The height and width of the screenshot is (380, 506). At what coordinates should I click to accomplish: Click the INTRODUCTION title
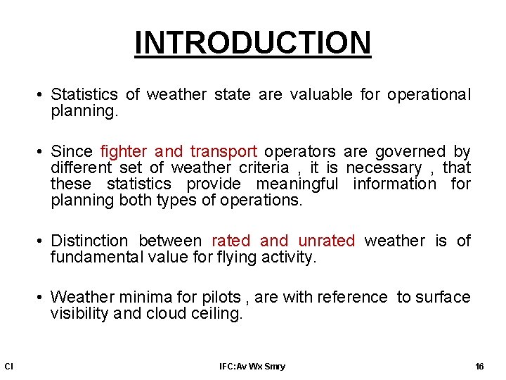pos(253,42)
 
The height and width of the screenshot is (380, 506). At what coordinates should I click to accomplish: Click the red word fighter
pos(124,152)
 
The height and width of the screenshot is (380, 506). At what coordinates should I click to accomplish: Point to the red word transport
pos(223,152)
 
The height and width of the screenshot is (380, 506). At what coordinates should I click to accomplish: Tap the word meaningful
pos(297,184)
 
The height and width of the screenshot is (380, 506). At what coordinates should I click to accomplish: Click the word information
pos(394,184)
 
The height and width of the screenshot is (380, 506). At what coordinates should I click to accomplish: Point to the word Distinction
pos(89,241)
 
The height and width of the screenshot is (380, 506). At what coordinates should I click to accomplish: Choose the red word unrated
pos(327,241)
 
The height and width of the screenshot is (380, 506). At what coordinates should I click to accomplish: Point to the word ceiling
pos(216,314)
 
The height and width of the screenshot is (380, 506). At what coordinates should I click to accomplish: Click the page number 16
pos(480,366)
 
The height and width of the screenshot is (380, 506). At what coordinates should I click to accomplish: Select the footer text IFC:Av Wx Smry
pos(252,366)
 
